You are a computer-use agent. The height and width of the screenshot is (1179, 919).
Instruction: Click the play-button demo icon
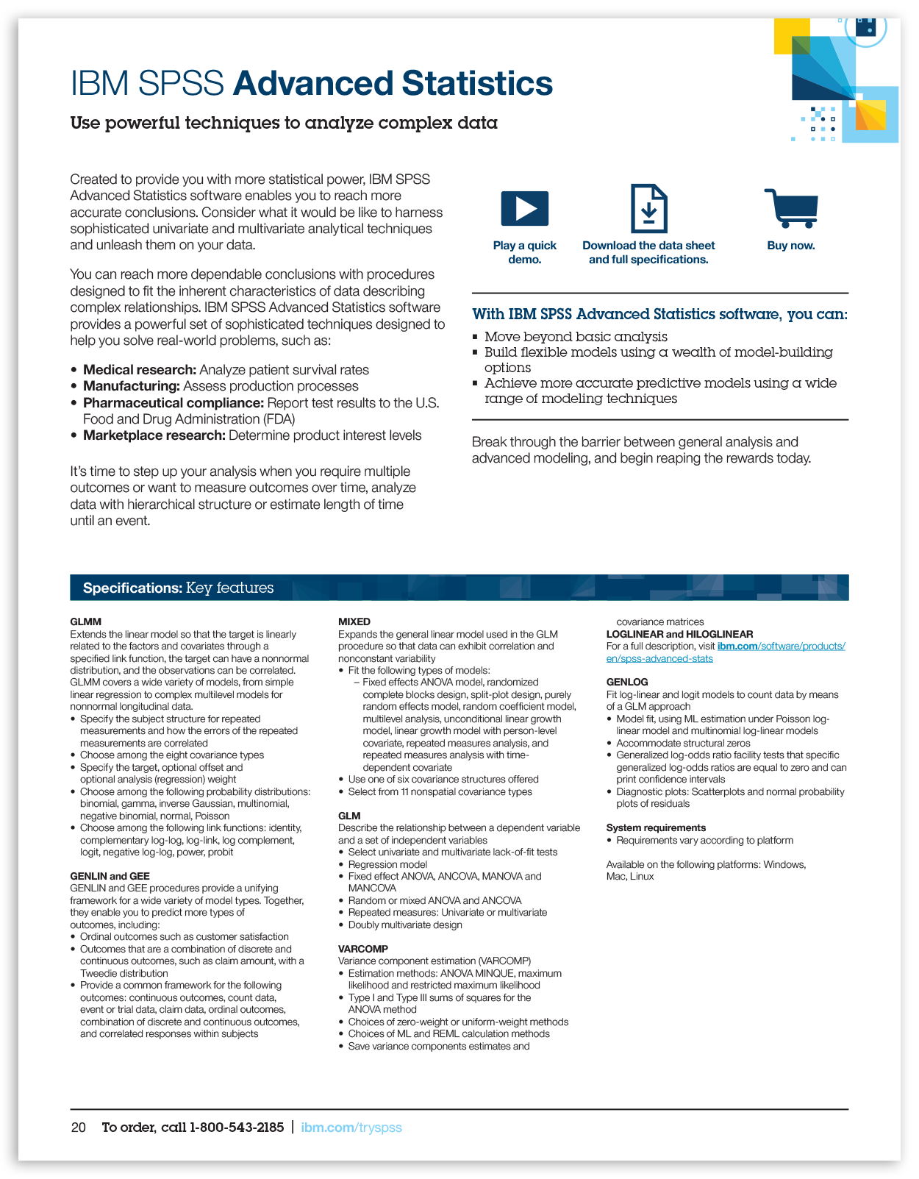pyautogui.click(x=524, y=208)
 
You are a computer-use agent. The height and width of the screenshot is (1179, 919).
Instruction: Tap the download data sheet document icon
pyautogui.click(x=648, y=209)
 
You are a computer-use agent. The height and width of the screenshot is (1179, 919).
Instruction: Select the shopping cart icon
pyautogui.click(x=792, y=208)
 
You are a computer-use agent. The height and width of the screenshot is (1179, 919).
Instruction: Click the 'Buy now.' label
pyautogui.click(x=791, y=246)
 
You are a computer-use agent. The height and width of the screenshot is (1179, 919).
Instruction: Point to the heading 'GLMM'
pyautogui.click(x=86, y=621)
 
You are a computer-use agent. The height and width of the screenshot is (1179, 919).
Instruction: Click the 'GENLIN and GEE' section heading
pyautogui.click(x=110, y=876)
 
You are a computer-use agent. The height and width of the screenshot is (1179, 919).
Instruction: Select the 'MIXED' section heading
pyautogui.click(x=354, y=621)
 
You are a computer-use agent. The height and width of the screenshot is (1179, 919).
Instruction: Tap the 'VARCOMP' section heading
pyautogui.click(x=363, y=949)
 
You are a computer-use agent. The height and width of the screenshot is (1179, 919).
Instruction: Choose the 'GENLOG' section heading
pyautogui.click(x=627, y=682)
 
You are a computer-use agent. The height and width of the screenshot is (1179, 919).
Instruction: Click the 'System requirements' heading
pyautogui.click(x=656, y=827)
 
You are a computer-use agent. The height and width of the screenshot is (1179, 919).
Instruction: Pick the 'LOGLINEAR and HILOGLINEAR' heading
pyautogui.click(x=679, y=634)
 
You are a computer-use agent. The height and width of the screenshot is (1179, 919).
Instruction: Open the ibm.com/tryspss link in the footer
pyautogui.click(x=351, y=1128)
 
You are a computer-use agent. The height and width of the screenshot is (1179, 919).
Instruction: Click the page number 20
pyautogui.click(x=79, y=1128)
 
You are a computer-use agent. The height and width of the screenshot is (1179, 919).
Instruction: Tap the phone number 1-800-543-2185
pyautogui.click(x=237, y=1128)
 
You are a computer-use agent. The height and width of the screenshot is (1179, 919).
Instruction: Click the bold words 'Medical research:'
pyautogui.click(x=140, y=370)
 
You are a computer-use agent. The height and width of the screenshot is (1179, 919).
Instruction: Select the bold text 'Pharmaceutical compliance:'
pyautogui.click(x=174, y=403)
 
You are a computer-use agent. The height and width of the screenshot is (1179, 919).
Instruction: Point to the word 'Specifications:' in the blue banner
pyautogui.click(x=132, y=588)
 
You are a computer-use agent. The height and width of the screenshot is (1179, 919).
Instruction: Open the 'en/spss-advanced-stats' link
pyautogui.click(x=659, y=658)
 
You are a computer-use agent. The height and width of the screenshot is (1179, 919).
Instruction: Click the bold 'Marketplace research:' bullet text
pyautogui.click(x=154, y=435)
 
